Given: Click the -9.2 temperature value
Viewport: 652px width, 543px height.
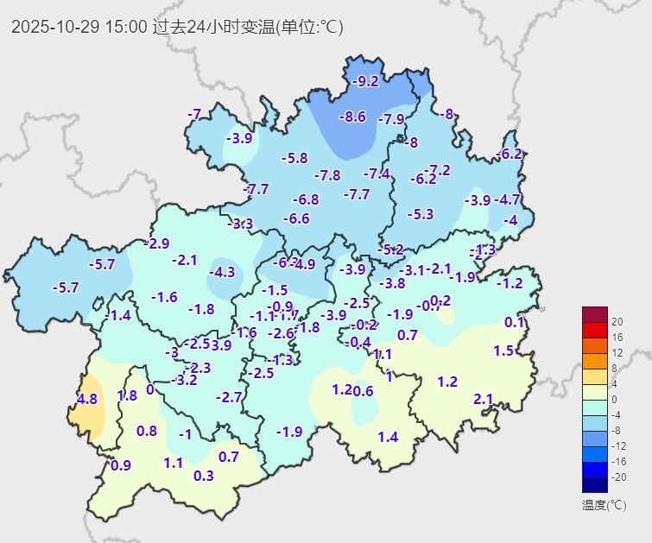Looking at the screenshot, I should (x=366, y=81).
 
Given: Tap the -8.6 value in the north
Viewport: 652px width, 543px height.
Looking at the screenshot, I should (x=352, y=117).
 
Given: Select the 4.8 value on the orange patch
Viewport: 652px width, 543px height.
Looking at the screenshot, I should (x=87, y=399).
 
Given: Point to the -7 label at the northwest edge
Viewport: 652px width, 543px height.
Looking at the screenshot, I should (x=194, y=114).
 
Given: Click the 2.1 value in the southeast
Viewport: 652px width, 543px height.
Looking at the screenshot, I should (x=483, y=399).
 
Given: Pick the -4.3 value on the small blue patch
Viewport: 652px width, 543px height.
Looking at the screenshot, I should (x=222, y=272).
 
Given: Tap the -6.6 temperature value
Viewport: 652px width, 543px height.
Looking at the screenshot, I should (x=296, y=218).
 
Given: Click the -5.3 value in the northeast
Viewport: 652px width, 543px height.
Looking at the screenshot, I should (x=421, y=213).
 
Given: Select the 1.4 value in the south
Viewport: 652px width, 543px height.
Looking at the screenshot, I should (x=388, y=437).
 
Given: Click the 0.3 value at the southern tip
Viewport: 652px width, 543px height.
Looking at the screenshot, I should (x=204, y=476).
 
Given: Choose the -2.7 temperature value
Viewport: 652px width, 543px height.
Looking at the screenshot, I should (x=229, y=397).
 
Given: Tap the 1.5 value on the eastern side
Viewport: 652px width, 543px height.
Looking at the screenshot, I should (x=503, y=350).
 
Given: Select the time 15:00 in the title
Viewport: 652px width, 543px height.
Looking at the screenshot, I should (x=125, y=27).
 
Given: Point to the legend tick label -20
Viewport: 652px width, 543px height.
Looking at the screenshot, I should (x=619, y=477).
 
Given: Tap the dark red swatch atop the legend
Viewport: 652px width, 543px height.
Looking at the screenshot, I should (x=595, y=314).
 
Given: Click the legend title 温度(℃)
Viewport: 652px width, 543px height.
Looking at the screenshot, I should (x=604, y=505).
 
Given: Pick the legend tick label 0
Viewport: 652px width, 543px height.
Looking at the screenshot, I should (x=615, y=400).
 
